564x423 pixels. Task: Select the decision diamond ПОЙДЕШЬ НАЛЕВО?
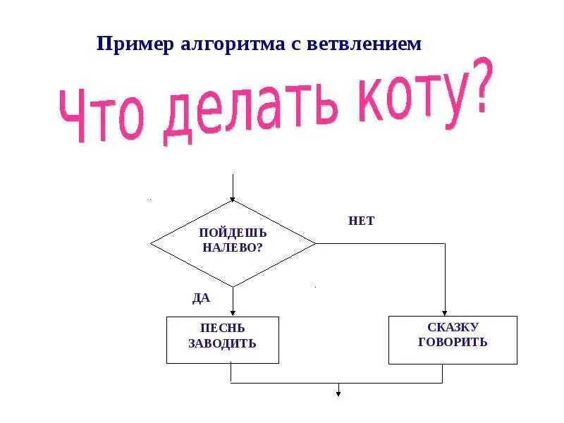(x=233, y=243)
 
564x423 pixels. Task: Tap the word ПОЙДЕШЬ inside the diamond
(x=233, y=233)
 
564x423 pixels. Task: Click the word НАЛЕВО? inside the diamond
(x=233, y=248)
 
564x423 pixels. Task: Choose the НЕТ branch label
(x=361, y=221)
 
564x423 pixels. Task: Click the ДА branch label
(x=201, y=298)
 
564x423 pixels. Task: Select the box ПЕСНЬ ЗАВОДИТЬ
(x=223, y=340)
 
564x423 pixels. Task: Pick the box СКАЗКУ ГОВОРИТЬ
(x=453, y=340)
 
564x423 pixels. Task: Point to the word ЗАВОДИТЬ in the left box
(x=222, y=344)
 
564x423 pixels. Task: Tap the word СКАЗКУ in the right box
(x=453, y=327)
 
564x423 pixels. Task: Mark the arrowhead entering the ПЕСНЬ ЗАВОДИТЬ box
(x=233, y=314)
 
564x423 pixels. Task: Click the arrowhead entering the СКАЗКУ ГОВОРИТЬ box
(x=445, y=312)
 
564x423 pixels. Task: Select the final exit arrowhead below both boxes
(x=338, y=393)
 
